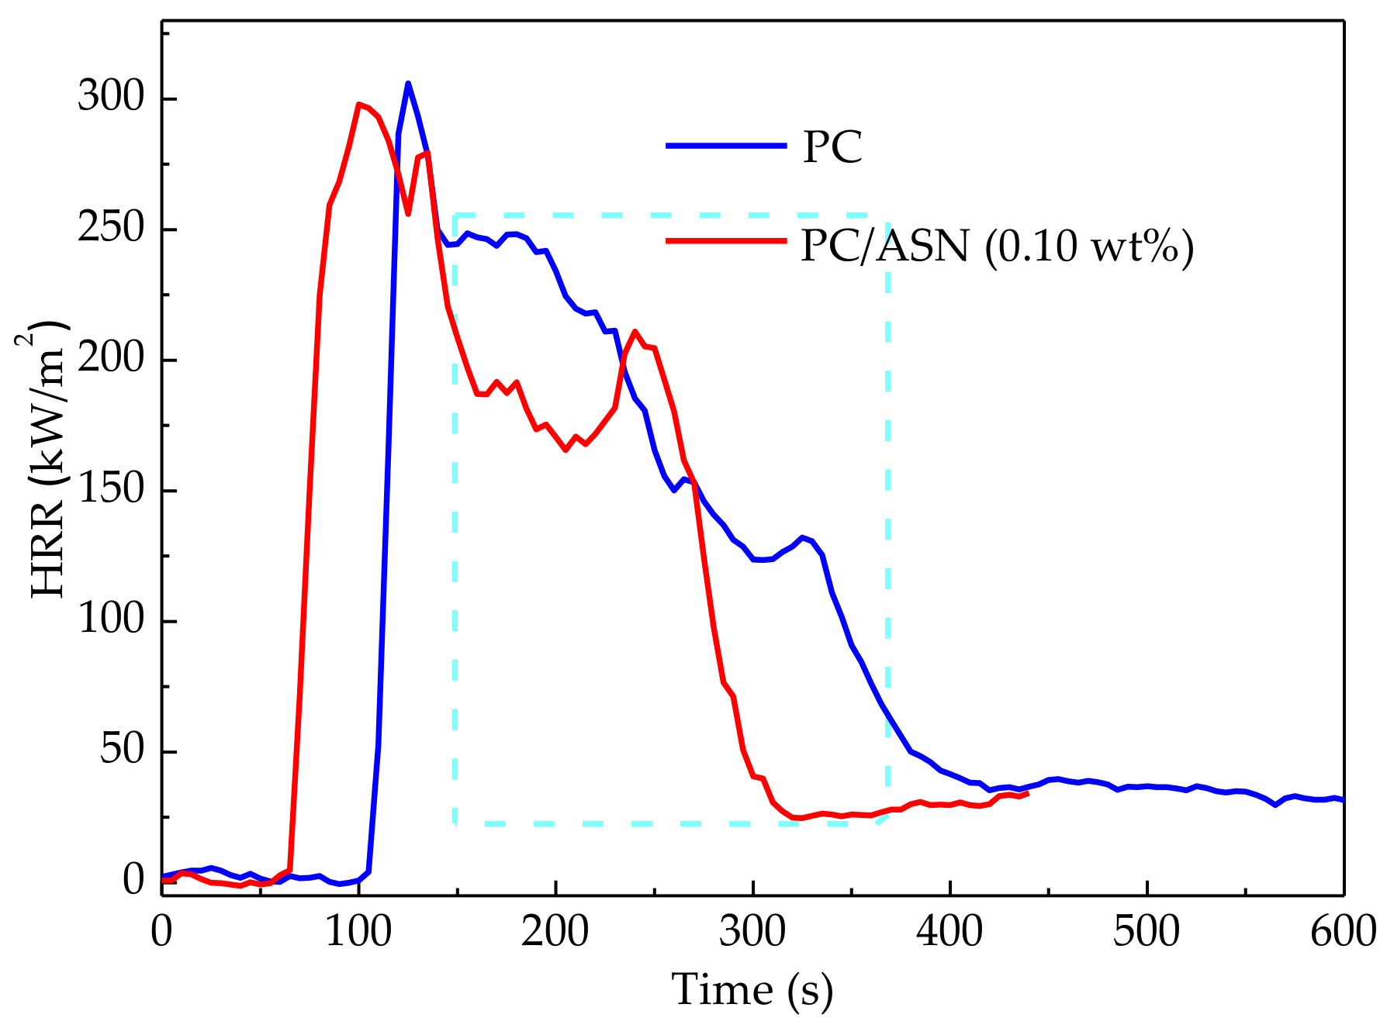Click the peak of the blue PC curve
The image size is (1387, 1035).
pyautogui.click(x=408, y=84)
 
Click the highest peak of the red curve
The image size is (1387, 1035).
pyautogui.click(x=358, y=104)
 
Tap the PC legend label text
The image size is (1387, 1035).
pyautogui.click(x=832, y=146)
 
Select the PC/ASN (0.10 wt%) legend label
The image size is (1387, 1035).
pyautogui.click(x=997, y=246)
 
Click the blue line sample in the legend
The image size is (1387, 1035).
pyautogui.click(x=725, y=145)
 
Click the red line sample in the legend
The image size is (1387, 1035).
pyautogui.click(x=725, y=240)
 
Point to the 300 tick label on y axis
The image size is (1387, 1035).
pyautogui.click(x=111, y=98)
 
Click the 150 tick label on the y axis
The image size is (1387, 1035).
pyautogui.click(x=111, y=490)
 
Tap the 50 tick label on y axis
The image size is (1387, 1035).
pyautogui.click(x=122, y=750)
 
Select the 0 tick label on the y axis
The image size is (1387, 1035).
pyautogui.click(x=133, y=881)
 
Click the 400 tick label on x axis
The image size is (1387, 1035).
pyautogui.click(x=949, y=931)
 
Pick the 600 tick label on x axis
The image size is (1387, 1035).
pyautogui.click(x=1343, y=931)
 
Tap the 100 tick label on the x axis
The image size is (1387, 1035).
pyautogui.click(x=358, y=931)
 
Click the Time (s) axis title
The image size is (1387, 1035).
pyautogui.click(x=752, y=990)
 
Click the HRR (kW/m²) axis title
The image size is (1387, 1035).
pyautogui.click(x=48, y=459)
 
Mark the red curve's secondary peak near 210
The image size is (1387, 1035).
pyautogui.click(x=635, y=332)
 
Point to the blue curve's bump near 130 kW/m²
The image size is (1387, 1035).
pyautogui.click(x=802, y=537)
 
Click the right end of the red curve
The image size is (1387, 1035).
pyautogui.click(x=1028, y=793)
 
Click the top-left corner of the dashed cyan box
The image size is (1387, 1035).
pyautogui.click(x=455, y=215)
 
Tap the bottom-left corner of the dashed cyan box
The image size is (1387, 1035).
pyautogui.click(x=455, y=823)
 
